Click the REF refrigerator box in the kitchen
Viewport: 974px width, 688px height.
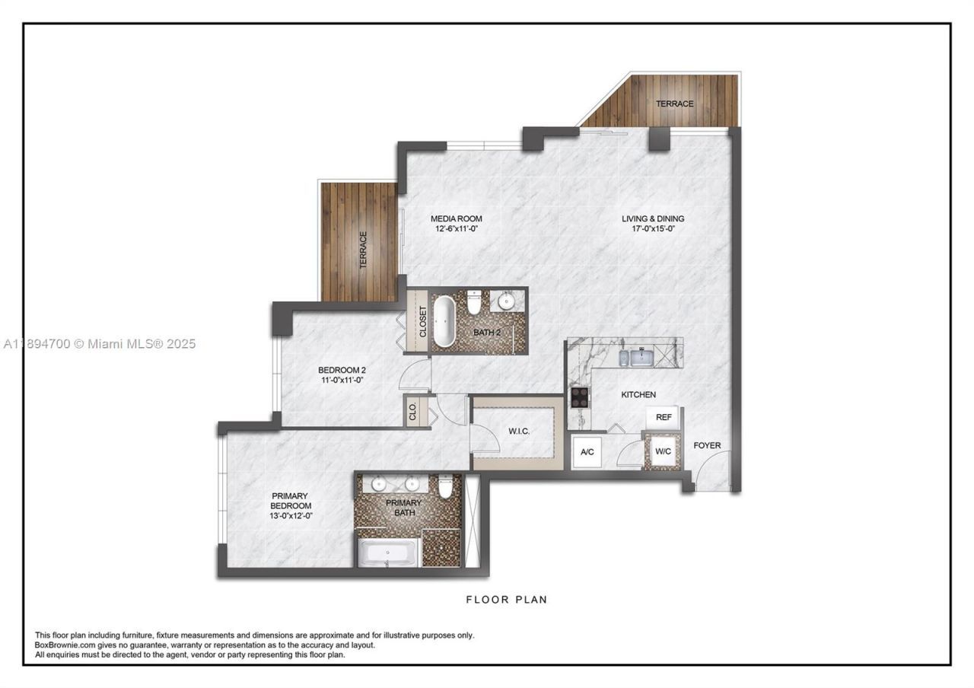(664, 417)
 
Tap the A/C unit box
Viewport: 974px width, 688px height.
(587, 451)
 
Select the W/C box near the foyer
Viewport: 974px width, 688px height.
(663, 451)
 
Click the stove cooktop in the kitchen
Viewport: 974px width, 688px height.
(580, 397)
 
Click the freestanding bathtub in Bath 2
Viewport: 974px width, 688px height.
(444, 320)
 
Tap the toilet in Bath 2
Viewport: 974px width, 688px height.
(474, 303)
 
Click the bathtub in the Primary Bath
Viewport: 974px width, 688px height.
(388, 553)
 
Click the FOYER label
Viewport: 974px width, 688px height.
(707, 445)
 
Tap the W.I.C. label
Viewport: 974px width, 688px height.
(519, 432)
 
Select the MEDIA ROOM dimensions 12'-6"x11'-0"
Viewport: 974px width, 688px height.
(457, 228)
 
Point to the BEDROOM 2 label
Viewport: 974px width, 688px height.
(336, 371)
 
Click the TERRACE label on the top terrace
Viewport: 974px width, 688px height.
(674, 104)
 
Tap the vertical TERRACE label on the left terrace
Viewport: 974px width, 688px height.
(364, 250)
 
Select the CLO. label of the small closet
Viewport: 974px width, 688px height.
(413, 412)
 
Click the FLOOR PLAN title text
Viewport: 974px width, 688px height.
(506, 600)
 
